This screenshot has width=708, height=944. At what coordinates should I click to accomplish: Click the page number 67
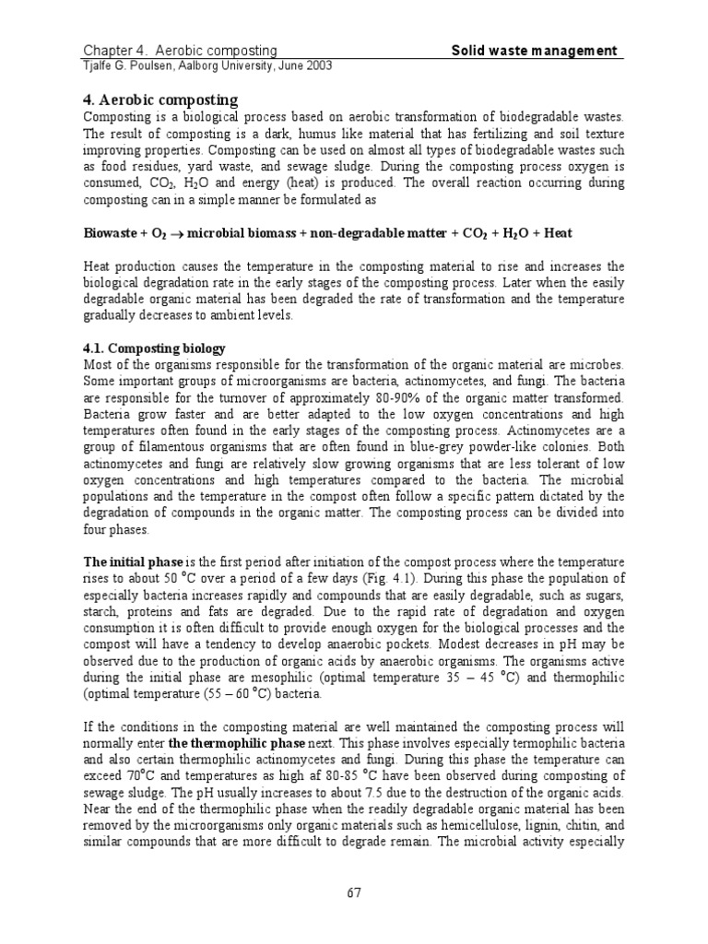click(354, 891)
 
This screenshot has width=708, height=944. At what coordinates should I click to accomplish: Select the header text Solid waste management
click(534, 51)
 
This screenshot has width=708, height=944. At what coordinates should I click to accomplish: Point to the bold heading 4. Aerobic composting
click(160, 100)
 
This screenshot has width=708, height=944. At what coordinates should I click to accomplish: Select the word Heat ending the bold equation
click(563, 233)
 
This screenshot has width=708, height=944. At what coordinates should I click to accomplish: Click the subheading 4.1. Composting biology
click(154, 349)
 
